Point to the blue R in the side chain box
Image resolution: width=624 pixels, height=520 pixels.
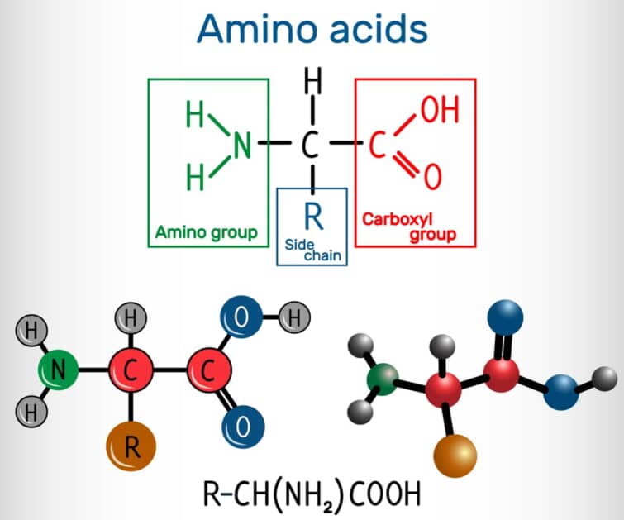click(312, 216)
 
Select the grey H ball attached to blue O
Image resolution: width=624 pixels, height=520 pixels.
click(296, 316)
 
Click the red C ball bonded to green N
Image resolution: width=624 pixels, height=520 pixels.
click(131, 371)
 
